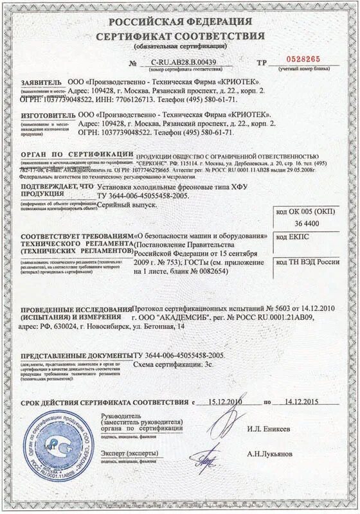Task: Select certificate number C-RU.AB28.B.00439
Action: click(183, 62)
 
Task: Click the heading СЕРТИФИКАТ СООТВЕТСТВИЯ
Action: click(180, 35)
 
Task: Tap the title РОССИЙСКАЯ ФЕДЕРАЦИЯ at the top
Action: click(180, 21)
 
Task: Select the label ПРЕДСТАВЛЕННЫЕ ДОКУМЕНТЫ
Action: click(76, 355)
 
